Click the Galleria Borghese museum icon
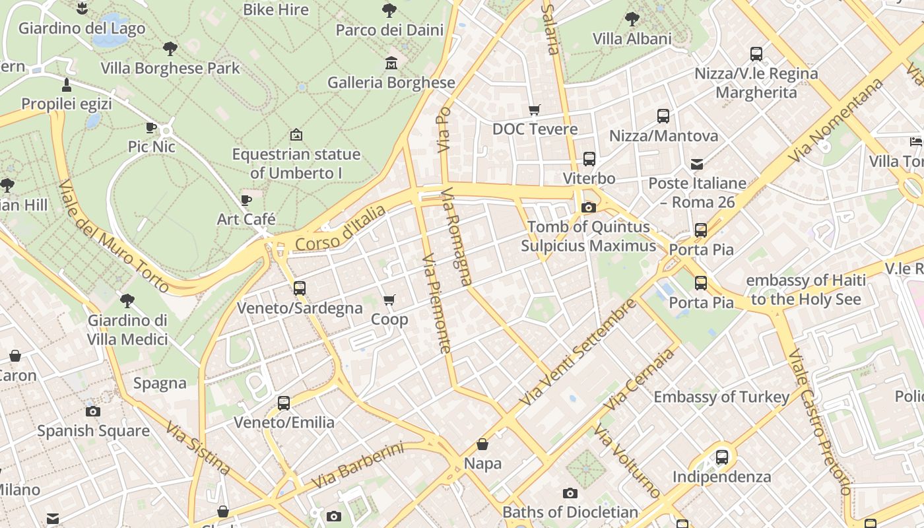391,63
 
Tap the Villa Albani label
632,39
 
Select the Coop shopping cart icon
389,300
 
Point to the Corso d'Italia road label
340,228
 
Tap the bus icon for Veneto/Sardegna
300,288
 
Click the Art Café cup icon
246,200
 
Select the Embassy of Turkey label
721,397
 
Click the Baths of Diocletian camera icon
570,493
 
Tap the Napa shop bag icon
482,444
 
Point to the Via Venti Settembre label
578,352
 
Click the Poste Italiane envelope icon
697,164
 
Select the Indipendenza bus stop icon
722,457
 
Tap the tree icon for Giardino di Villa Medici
127,301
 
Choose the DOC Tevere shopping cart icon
534,110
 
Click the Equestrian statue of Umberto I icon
296,135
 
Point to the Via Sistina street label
198,448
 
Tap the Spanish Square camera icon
93,411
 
